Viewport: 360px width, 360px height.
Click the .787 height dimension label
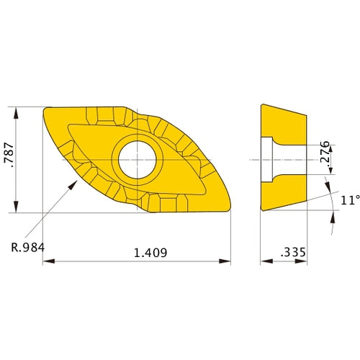(9, 155)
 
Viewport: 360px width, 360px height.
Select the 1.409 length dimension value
(150, 253)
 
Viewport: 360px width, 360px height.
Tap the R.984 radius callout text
(28, 248)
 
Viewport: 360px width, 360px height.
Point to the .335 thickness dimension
(293, 252)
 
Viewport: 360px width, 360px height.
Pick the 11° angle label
(351, 200)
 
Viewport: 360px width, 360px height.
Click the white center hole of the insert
(137, 160)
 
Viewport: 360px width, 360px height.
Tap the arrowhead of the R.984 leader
(73, 185)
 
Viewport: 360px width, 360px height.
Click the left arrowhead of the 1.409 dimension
(48, 261)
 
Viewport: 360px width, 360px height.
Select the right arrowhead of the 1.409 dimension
(225, 261)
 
